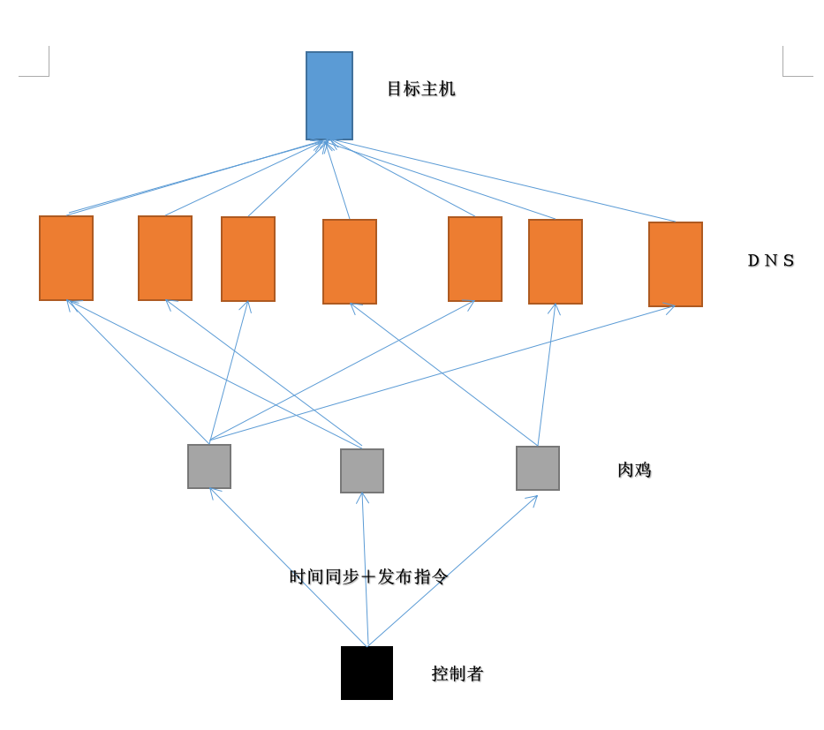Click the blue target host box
click(329, 95)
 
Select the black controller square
click(367, 673)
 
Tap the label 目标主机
click(421, 89)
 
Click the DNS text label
click(771, 260)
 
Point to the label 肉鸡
click(634, 470)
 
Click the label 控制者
click(457, 674)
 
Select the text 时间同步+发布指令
click(369, 576)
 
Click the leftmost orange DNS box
click(66, 258)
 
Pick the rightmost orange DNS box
click(676, 264)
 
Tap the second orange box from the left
click(165, 258)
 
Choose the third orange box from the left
click(248, 259)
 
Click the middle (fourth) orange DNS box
click(350, 261)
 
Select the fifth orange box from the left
click(475, 259)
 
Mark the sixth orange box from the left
click(556, 261)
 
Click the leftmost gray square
click(209, 466)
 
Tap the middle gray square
click(362, 470)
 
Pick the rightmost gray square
click(538, 468)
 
